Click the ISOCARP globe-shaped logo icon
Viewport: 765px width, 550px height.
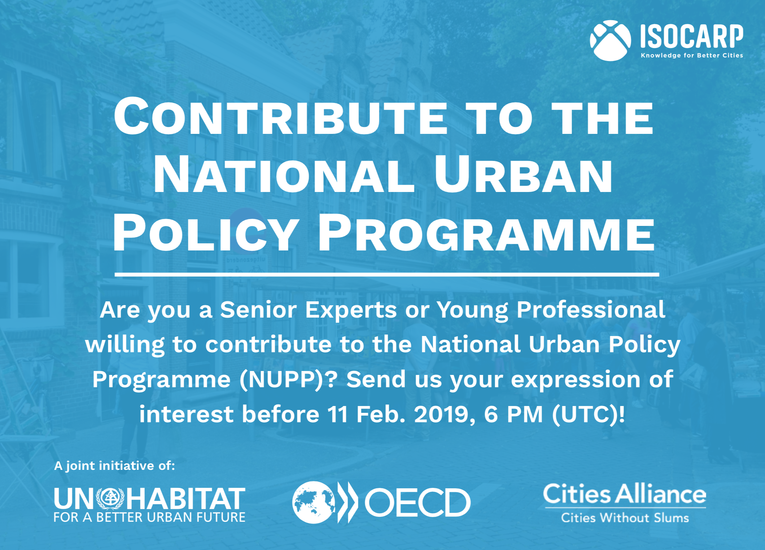tap(610, 40)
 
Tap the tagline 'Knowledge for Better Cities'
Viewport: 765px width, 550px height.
tap(692, 55)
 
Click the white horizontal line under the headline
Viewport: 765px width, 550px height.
tap(387, 275)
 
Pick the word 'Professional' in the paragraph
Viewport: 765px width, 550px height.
tap(591, 310)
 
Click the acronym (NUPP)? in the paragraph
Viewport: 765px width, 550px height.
tap(289, 379)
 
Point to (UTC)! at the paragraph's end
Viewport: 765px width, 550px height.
tap(589, 414)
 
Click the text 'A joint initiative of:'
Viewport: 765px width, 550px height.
tap(114, 466)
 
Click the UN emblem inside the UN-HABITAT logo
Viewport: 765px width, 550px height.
tap(110, 498)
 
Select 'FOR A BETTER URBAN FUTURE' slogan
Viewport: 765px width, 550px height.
tap(149, 517)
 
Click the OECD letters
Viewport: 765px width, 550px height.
tap(418, 502)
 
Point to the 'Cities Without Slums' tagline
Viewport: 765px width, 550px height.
tap(625, 518)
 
